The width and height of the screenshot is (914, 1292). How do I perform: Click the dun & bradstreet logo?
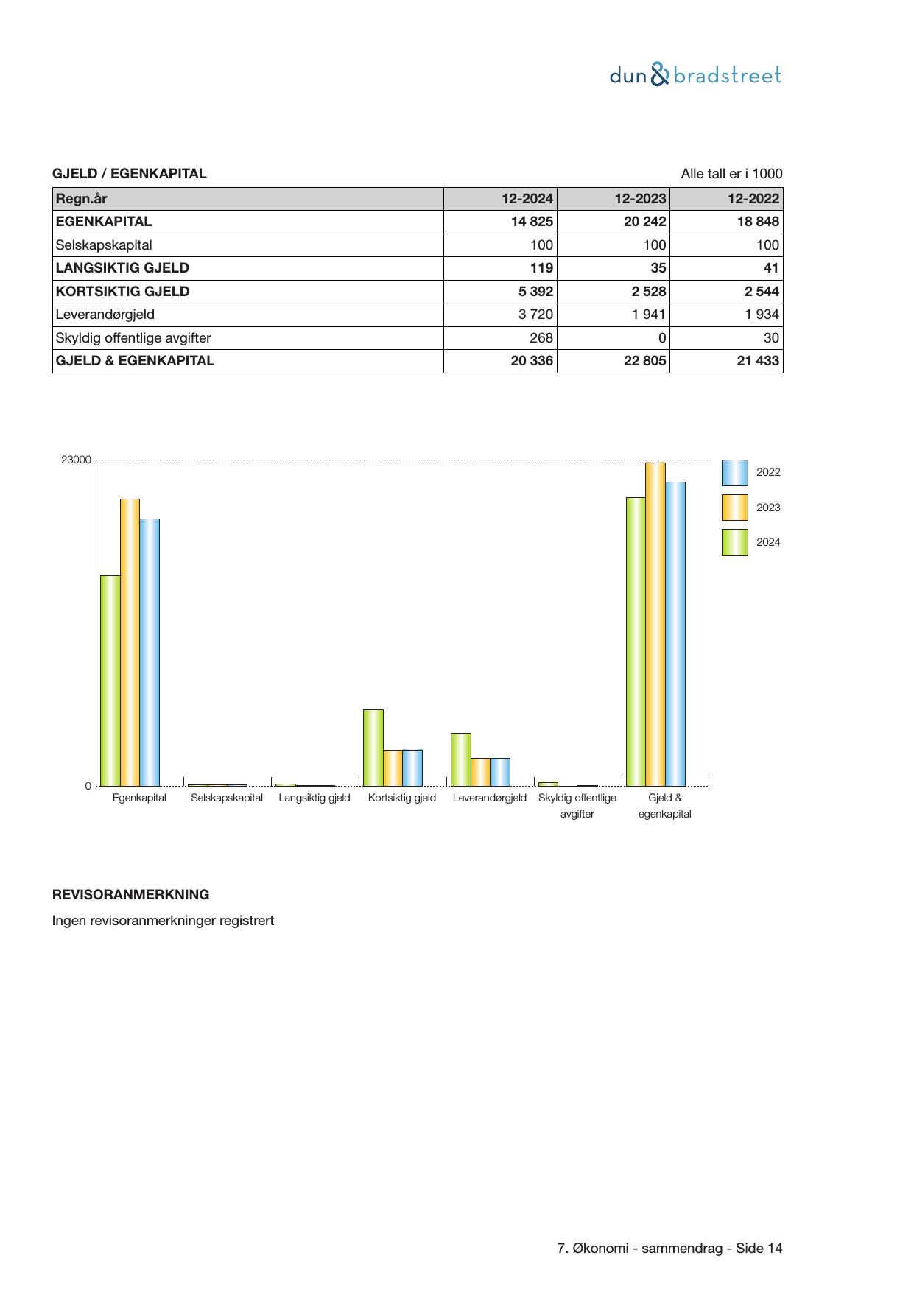(x=695, y=75)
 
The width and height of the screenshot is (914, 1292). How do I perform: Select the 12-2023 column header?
(x=640, y=199)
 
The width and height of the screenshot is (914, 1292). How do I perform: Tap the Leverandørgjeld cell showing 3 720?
(x=535, y=315)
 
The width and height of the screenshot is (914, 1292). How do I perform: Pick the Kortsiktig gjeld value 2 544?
(x=762, y=292)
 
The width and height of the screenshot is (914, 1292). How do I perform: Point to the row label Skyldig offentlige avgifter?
(x=133, y=338)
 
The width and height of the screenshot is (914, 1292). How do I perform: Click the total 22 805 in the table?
(x=644, y=361)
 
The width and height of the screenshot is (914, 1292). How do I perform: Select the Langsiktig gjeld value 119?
(x=541, y=268)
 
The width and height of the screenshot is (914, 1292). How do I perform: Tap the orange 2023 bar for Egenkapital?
(x=130, y=642)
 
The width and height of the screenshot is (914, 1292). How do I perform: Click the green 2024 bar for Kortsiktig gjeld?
(x=373, y=748)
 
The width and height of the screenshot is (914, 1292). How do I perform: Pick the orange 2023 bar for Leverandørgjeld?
(x=480, y=772)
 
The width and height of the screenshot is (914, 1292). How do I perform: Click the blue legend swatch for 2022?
(x=734, y=473)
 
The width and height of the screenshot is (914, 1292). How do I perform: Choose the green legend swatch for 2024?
(x=734, y=542)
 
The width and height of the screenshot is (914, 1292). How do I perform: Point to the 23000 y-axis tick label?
(x=76, y=460)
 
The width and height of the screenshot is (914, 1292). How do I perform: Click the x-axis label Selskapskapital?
(x=227, y=798)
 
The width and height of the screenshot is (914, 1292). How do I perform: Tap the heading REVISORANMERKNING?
(x=130, y=895)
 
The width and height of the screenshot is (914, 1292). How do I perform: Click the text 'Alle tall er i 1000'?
(x=731, y=174)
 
